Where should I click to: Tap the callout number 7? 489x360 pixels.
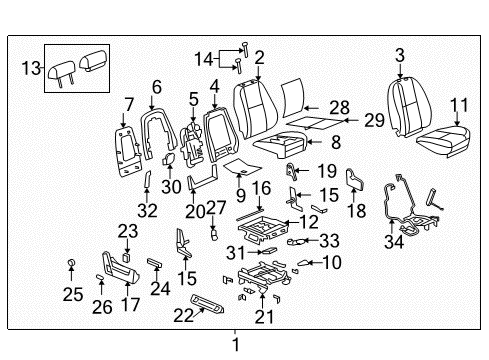(x=127, y=104)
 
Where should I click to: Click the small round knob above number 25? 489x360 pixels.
(x=73, y=263)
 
